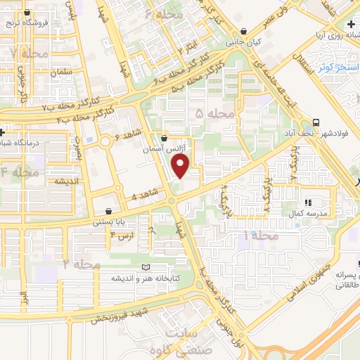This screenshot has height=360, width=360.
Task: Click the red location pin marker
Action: tap(181, 166)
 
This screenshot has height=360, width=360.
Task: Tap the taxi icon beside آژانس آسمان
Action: tap(164, 139)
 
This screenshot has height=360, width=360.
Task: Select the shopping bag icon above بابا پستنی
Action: tap(108, 211)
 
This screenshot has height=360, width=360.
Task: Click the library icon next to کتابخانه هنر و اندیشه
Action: tap(146, 268)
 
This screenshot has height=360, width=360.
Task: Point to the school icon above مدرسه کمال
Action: tap(309, 202)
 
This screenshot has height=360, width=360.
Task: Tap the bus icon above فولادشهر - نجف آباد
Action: tap(316, 121)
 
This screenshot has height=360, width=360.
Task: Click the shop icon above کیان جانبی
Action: tap(243, 32)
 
